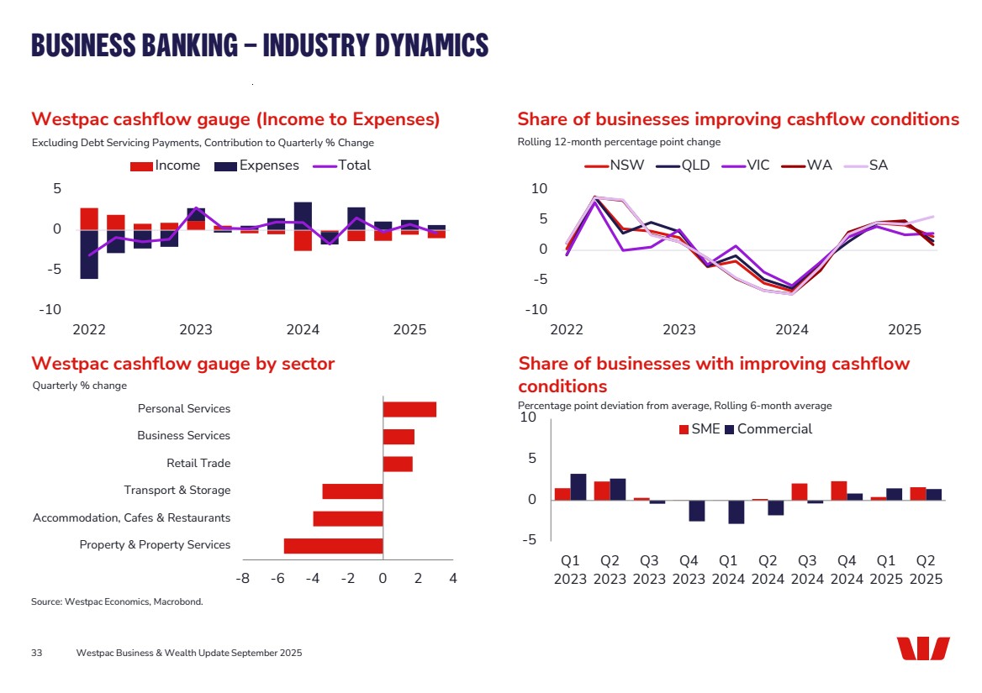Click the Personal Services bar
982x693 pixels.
pyautogui.click(x=409, y=409)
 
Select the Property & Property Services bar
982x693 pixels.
pyautogui.click(x=334, y=546)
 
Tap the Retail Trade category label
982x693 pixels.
pyautogui.click(x=198, y=463)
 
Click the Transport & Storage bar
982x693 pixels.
pyautogui.click(x=353, y=491)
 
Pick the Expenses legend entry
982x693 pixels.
pyautogui.click(x=257, y=165)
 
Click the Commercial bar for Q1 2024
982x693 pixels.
pyautogui.click(x=736, y=512)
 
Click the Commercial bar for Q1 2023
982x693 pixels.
pyautogui.click(x=578, y=487)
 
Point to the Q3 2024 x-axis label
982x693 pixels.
pyautogui.click(x=807, y=570)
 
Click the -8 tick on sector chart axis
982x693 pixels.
pyautogui.click(x=242, y=578)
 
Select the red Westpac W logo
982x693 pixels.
pyautogui.click(x=922, y=649)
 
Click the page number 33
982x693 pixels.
pyautogui.click(x=37, y=654)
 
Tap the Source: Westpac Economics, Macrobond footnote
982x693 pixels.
pyautogui.click(x=117, y=602)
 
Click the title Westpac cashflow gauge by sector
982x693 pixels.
pyautogui.click(x=182, y=364)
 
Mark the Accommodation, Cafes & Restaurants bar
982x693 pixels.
pyautogui.click(x=348, y=518)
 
